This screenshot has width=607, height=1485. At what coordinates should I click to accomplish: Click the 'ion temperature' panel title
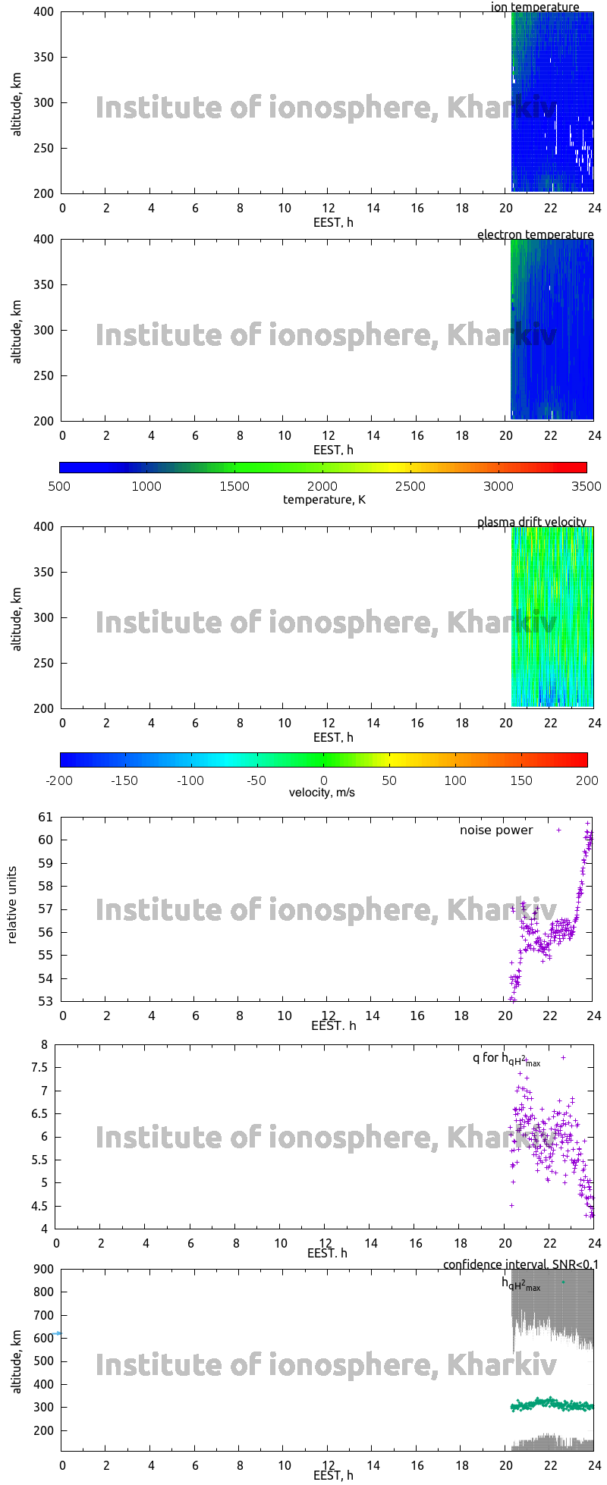(x=535, y=8)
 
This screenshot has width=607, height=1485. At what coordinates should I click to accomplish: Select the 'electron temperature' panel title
(x=535, y=235)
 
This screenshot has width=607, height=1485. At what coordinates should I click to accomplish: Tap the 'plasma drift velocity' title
(x=531, y=523)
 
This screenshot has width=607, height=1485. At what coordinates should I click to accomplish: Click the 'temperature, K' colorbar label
(x=324, y=500)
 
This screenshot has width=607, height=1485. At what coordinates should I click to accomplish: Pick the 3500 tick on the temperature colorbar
(x=586, y=487)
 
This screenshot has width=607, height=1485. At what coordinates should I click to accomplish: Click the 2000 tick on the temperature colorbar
(x=322, y=487)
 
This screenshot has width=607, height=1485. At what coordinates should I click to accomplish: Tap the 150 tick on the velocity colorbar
(x=521, y=780)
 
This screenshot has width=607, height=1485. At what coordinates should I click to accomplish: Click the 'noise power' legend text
(x=496, y=830)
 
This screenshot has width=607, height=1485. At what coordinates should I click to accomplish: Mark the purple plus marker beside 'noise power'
(x=559, y=830)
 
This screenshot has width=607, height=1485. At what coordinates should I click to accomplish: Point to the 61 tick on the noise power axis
(x=46, y=818)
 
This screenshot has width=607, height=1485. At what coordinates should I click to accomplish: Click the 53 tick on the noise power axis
(x=46, y=1002)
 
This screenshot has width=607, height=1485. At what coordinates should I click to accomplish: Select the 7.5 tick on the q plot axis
(x=38, y=1068)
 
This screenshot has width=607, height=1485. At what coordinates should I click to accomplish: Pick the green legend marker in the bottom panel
(x=563, y=1282)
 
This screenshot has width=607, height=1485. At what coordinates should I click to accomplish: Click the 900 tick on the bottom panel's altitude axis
(x=44, y=1270)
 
